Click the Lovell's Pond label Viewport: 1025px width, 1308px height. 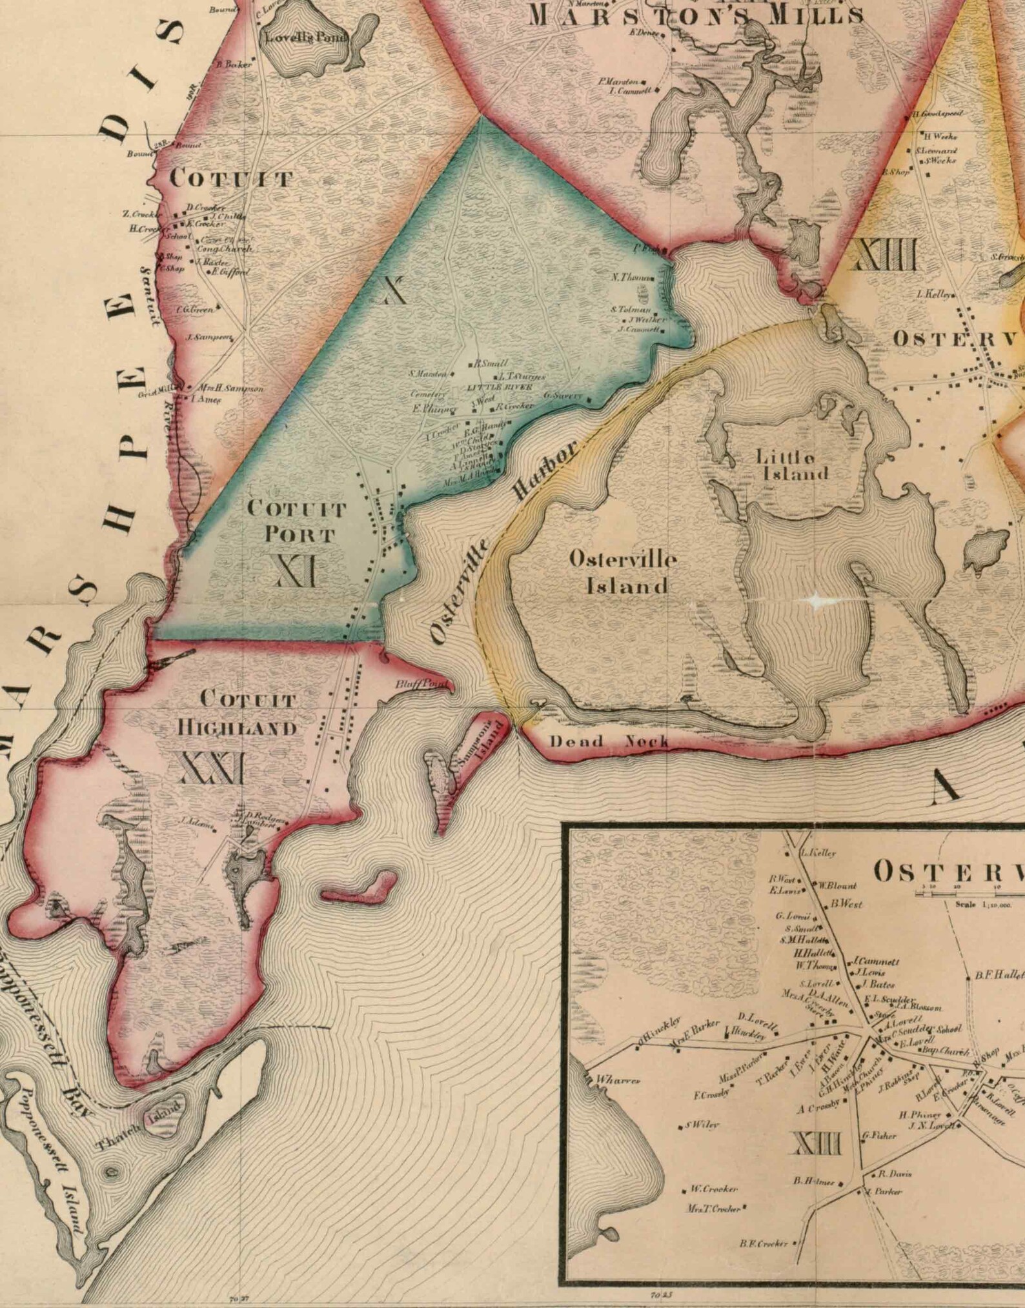[x=306, y=37]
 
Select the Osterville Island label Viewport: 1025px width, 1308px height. [x=624, y=572]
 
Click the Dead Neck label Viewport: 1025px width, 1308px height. [x=609, y=741]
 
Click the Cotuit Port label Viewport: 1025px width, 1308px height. [x=298, y=521]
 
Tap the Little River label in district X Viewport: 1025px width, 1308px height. [x=500, y=387]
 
